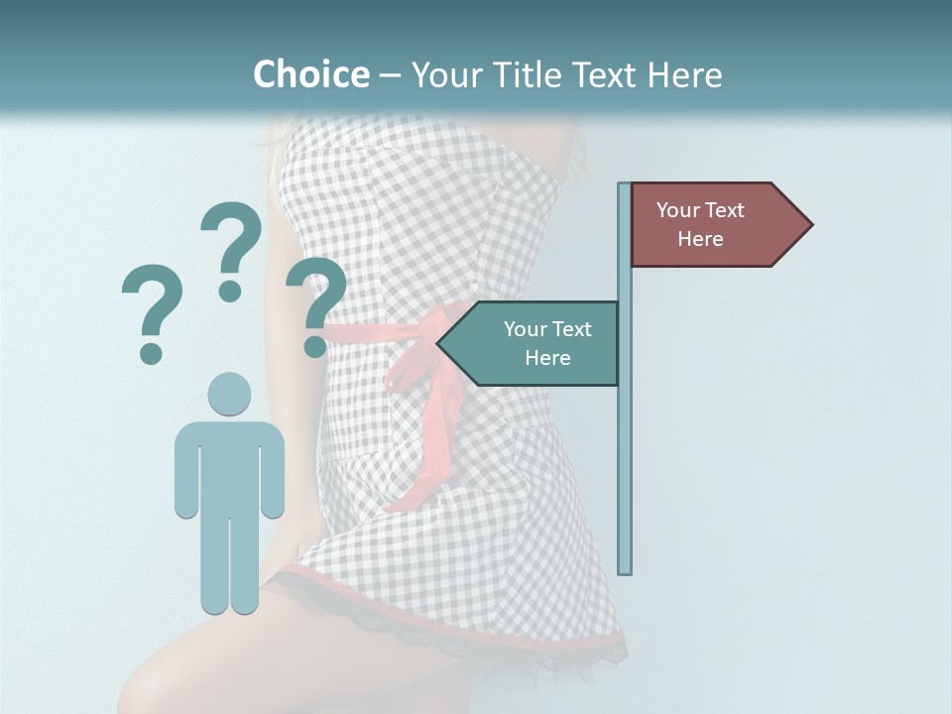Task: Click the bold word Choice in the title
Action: pos(310,74)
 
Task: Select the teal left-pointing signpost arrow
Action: pos(531,343)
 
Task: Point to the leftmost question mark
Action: pos(152,302)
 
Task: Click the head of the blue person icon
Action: pos(229,394)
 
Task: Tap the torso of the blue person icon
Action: pos(229,466)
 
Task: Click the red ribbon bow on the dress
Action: pos(416,367)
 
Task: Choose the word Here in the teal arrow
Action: pos(547,358)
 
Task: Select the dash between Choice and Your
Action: pos(390,75)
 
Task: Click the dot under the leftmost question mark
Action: pos(151,352)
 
